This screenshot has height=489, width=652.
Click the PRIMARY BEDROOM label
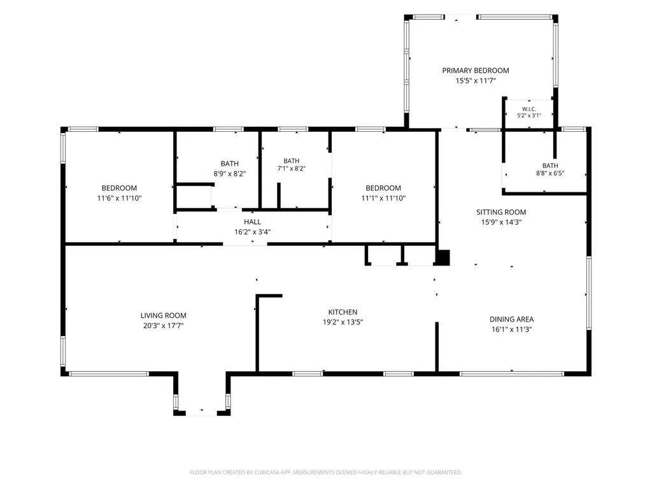click(x=475, y=71)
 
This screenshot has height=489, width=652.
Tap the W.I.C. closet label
click(x=529, y=109)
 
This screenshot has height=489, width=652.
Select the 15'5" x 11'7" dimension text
click(x=475, y=81)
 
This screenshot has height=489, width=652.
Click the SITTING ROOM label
click(x=501, y=212)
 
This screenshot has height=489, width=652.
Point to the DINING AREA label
click(x=511, y=320)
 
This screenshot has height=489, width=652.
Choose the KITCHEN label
click(x=343, y=312)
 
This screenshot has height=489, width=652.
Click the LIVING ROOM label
click(x=163, y=316)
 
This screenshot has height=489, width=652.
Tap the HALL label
click(x=252, y=222)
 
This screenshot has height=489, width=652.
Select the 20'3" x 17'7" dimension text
click(x=163, y=325)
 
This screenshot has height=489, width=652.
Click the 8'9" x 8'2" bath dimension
click(x=229, y=174)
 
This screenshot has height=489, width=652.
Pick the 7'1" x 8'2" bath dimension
click(x=291, y=168)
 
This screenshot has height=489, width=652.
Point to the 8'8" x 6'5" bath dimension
click(x=549, y=173)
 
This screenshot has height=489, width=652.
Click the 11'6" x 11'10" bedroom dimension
click(x=119, y=199)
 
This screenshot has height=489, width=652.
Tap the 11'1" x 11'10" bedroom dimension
click(x=383, y=199)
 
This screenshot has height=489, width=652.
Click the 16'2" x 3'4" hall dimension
click(x=252, y=232)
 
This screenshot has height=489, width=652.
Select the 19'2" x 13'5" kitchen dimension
click(x=343, y=322)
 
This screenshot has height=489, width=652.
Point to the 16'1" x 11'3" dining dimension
click(x=511, y=329)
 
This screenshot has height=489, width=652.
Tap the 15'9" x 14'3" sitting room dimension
click(x=501, y=222)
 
